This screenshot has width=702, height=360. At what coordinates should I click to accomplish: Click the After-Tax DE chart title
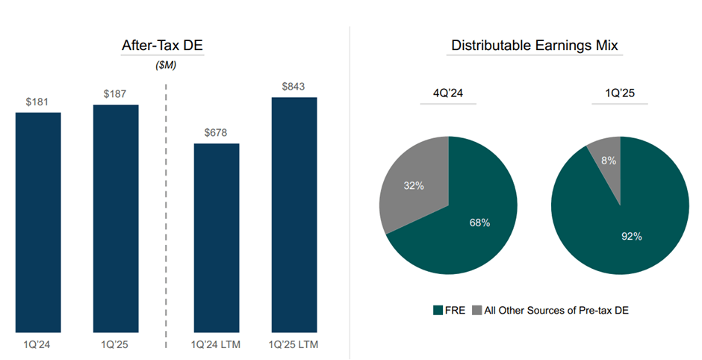tap(162, 46)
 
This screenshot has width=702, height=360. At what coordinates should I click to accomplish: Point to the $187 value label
tap(115, 94)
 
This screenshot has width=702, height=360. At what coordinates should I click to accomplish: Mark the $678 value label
tap(217, 133)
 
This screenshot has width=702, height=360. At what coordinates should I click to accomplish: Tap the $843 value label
tap(293, 87)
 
